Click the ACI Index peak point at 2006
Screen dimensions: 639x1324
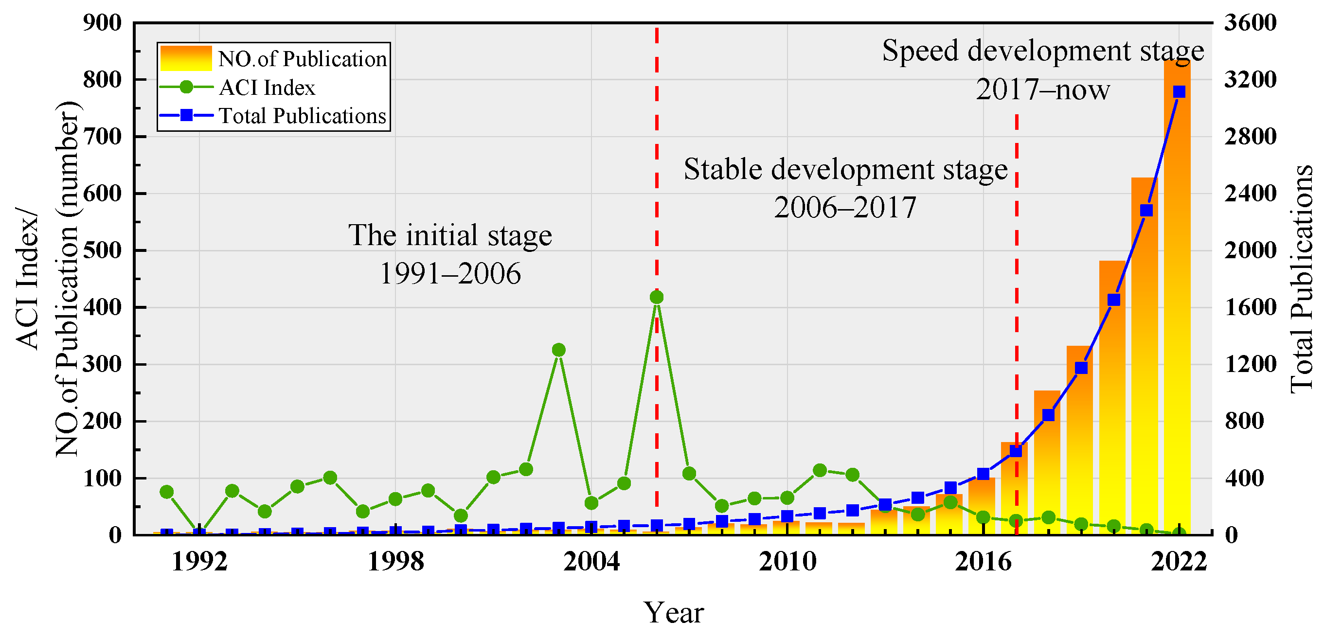(656, 297)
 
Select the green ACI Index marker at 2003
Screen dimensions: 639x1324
(559, 350)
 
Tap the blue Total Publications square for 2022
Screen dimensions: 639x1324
(1179, 92)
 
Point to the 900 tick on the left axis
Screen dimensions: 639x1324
(102, 22)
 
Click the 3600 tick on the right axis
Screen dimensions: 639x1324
(1251, 22)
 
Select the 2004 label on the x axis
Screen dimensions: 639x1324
(591, 562)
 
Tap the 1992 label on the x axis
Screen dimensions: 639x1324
(199, 562)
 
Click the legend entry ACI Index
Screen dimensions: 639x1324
(267, 88)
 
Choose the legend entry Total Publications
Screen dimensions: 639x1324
(302, 116)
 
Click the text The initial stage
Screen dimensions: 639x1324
(450, 235)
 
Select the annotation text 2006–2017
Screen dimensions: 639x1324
(845, 208)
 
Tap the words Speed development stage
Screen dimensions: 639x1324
(1043, 51)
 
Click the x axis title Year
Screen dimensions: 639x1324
(673, 612)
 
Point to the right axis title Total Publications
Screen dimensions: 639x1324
(1302, 279)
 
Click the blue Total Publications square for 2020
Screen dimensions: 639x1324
(1114, 300)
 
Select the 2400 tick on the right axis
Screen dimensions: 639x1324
(1251, 194)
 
